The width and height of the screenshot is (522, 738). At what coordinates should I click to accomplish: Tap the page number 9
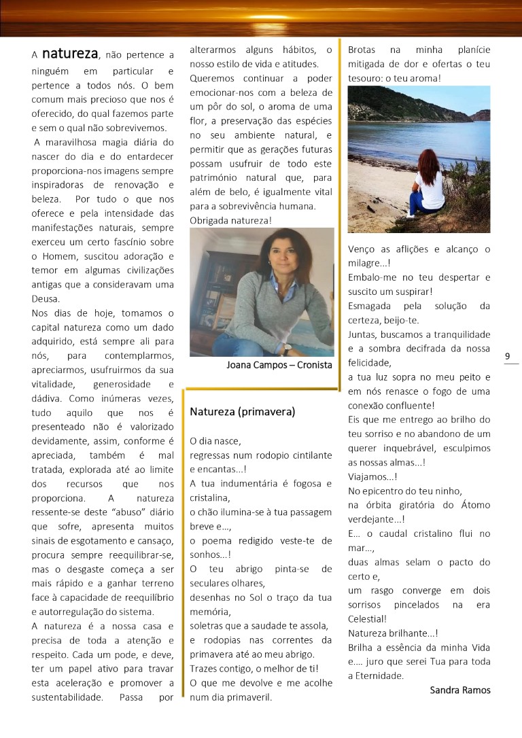(509, 355)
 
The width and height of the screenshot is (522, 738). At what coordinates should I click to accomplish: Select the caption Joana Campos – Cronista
(279, 365)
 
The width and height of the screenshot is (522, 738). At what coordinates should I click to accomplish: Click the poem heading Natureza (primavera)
(242, 412)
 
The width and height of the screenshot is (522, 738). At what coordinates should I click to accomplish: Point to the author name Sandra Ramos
(460, 690)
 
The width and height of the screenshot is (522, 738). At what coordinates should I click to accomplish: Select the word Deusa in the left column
(46, 298)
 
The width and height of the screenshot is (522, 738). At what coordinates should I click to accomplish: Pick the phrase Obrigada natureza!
(230, 220)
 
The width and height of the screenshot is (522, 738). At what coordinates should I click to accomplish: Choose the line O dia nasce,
(215, 440)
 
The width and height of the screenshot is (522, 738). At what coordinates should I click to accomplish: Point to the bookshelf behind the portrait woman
(211, 272)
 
